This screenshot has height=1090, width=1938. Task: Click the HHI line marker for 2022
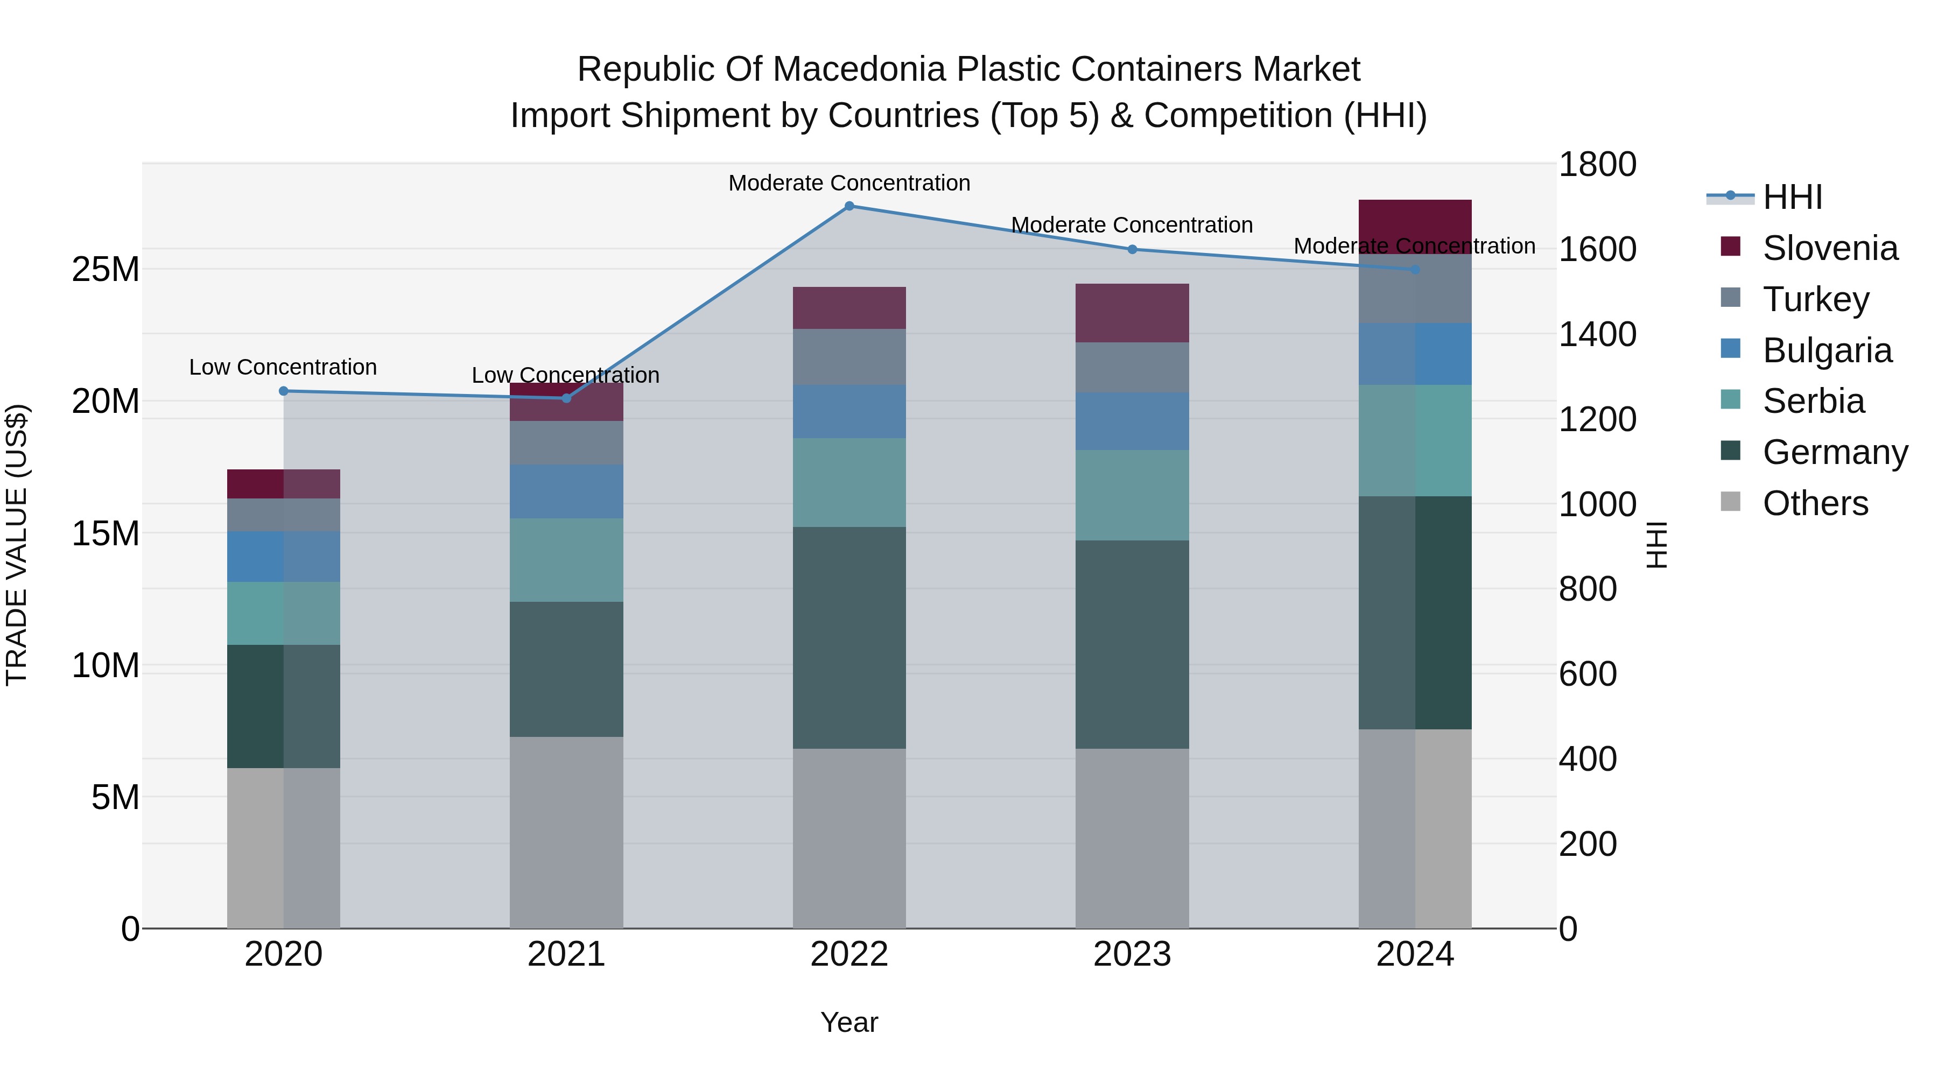[849, 206]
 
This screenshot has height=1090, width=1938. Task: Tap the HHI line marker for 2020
[284, 391]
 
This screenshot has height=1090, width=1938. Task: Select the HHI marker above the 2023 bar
[1132, 250]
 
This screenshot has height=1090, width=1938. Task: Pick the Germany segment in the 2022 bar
[849, 638]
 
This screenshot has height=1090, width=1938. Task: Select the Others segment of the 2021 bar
[566, 832]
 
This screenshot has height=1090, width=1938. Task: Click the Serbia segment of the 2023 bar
[1132, 495]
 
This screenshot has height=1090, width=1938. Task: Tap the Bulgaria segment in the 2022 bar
[849, 411]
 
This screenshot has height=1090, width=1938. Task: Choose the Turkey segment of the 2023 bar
[1132, 367]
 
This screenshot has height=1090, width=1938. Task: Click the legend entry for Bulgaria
[1827, 350]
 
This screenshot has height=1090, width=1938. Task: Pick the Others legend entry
[1815, 503]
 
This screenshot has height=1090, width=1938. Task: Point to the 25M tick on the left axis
[106, 269]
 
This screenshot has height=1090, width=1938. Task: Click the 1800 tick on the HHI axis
[1597, 165]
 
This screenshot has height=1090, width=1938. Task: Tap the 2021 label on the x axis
[566, 954]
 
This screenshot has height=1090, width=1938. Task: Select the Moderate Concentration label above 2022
[849, 183]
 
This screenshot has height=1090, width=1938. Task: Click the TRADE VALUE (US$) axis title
[17, 545]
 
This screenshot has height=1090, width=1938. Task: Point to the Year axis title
[849, 1022]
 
